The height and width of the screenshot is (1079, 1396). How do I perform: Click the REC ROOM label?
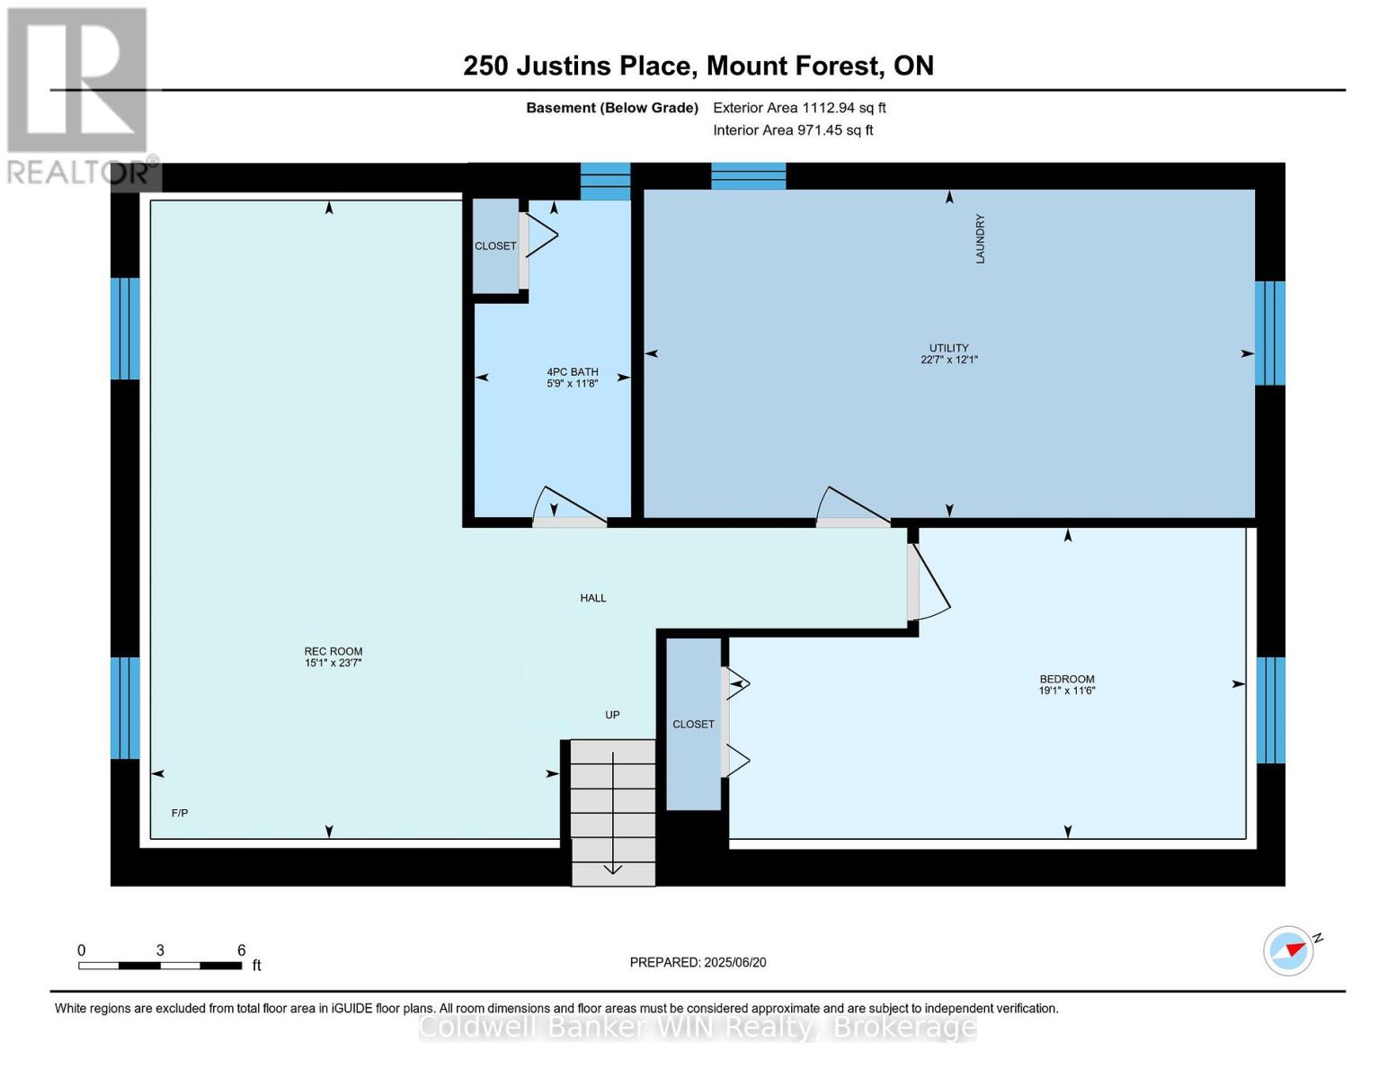tap(333, 657)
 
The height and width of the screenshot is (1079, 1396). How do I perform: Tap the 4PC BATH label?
tap(572, 378)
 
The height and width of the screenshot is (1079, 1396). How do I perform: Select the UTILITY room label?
tap(948, 353)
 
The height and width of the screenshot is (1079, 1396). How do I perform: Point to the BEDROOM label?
tap(1066, 684)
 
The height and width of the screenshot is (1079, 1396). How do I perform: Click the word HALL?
tap(592, 598)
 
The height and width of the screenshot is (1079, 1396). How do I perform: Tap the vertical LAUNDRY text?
tap(980, 239)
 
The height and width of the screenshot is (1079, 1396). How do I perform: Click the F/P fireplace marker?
tap(180, 813)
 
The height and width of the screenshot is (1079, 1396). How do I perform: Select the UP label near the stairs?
tap(612, 715)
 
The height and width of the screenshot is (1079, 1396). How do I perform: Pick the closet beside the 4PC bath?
tap(495, 245)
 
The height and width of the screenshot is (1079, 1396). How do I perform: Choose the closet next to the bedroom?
tap(693, 724)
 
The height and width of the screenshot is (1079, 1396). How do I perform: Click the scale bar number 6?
tap(241, 950)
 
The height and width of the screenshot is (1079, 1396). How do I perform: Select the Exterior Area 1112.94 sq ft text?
tap(799, 108)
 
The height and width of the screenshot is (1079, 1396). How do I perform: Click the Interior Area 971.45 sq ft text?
tap(793, 130)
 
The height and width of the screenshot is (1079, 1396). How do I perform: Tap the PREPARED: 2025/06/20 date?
tap(698, 962)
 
